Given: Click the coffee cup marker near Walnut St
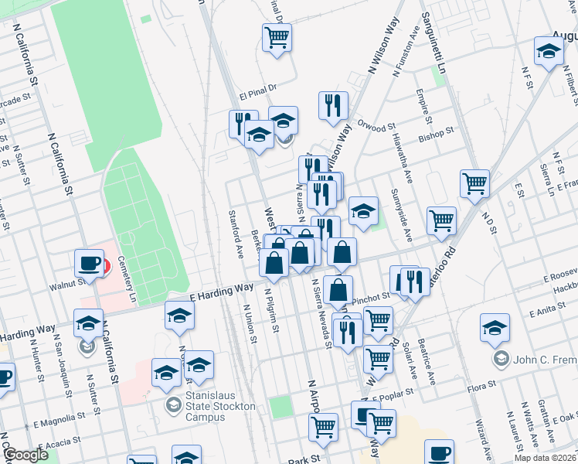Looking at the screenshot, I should [89, 263].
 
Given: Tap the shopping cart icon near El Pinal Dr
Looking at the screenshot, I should [277, 36].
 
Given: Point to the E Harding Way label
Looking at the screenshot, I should [222, 292].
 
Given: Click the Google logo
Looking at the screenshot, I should [25, 455].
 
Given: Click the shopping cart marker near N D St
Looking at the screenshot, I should [474, 183].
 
